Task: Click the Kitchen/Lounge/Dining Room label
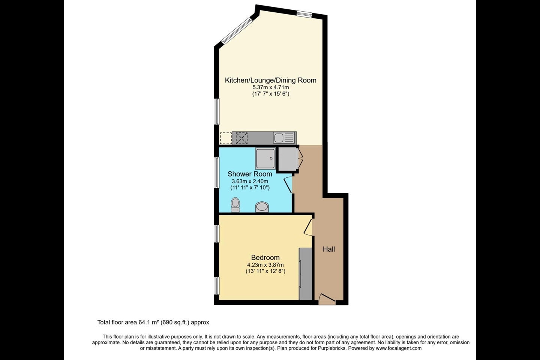click(x=270, y=80)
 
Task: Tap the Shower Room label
click(x=250, y=174)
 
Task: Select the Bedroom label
click(x=265, y=258)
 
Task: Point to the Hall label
click(x=329, y=249)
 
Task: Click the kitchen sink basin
click(x=279, y=138)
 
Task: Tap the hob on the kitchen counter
click(x=241, y=138)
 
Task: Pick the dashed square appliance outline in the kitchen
click(x=226, y=138)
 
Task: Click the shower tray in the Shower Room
click(x=265, y=158)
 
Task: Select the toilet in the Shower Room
click(x=235, y=205)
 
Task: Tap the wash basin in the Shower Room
click(x=262, y=207)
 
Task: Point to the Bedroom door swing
click(x=308, y=226)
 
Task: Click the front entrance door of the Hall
click(x=327, y=299)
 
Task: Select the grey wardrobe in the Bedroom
click(x=305, y=274)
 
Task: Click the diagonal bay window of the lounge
click(x=237, y=31)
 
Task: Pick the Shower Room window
click(x=217, y=172)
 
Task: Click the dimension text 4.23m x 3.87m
click(x=265, y=265)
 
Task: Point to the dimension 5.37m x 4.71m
click(x=270, y=87)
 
